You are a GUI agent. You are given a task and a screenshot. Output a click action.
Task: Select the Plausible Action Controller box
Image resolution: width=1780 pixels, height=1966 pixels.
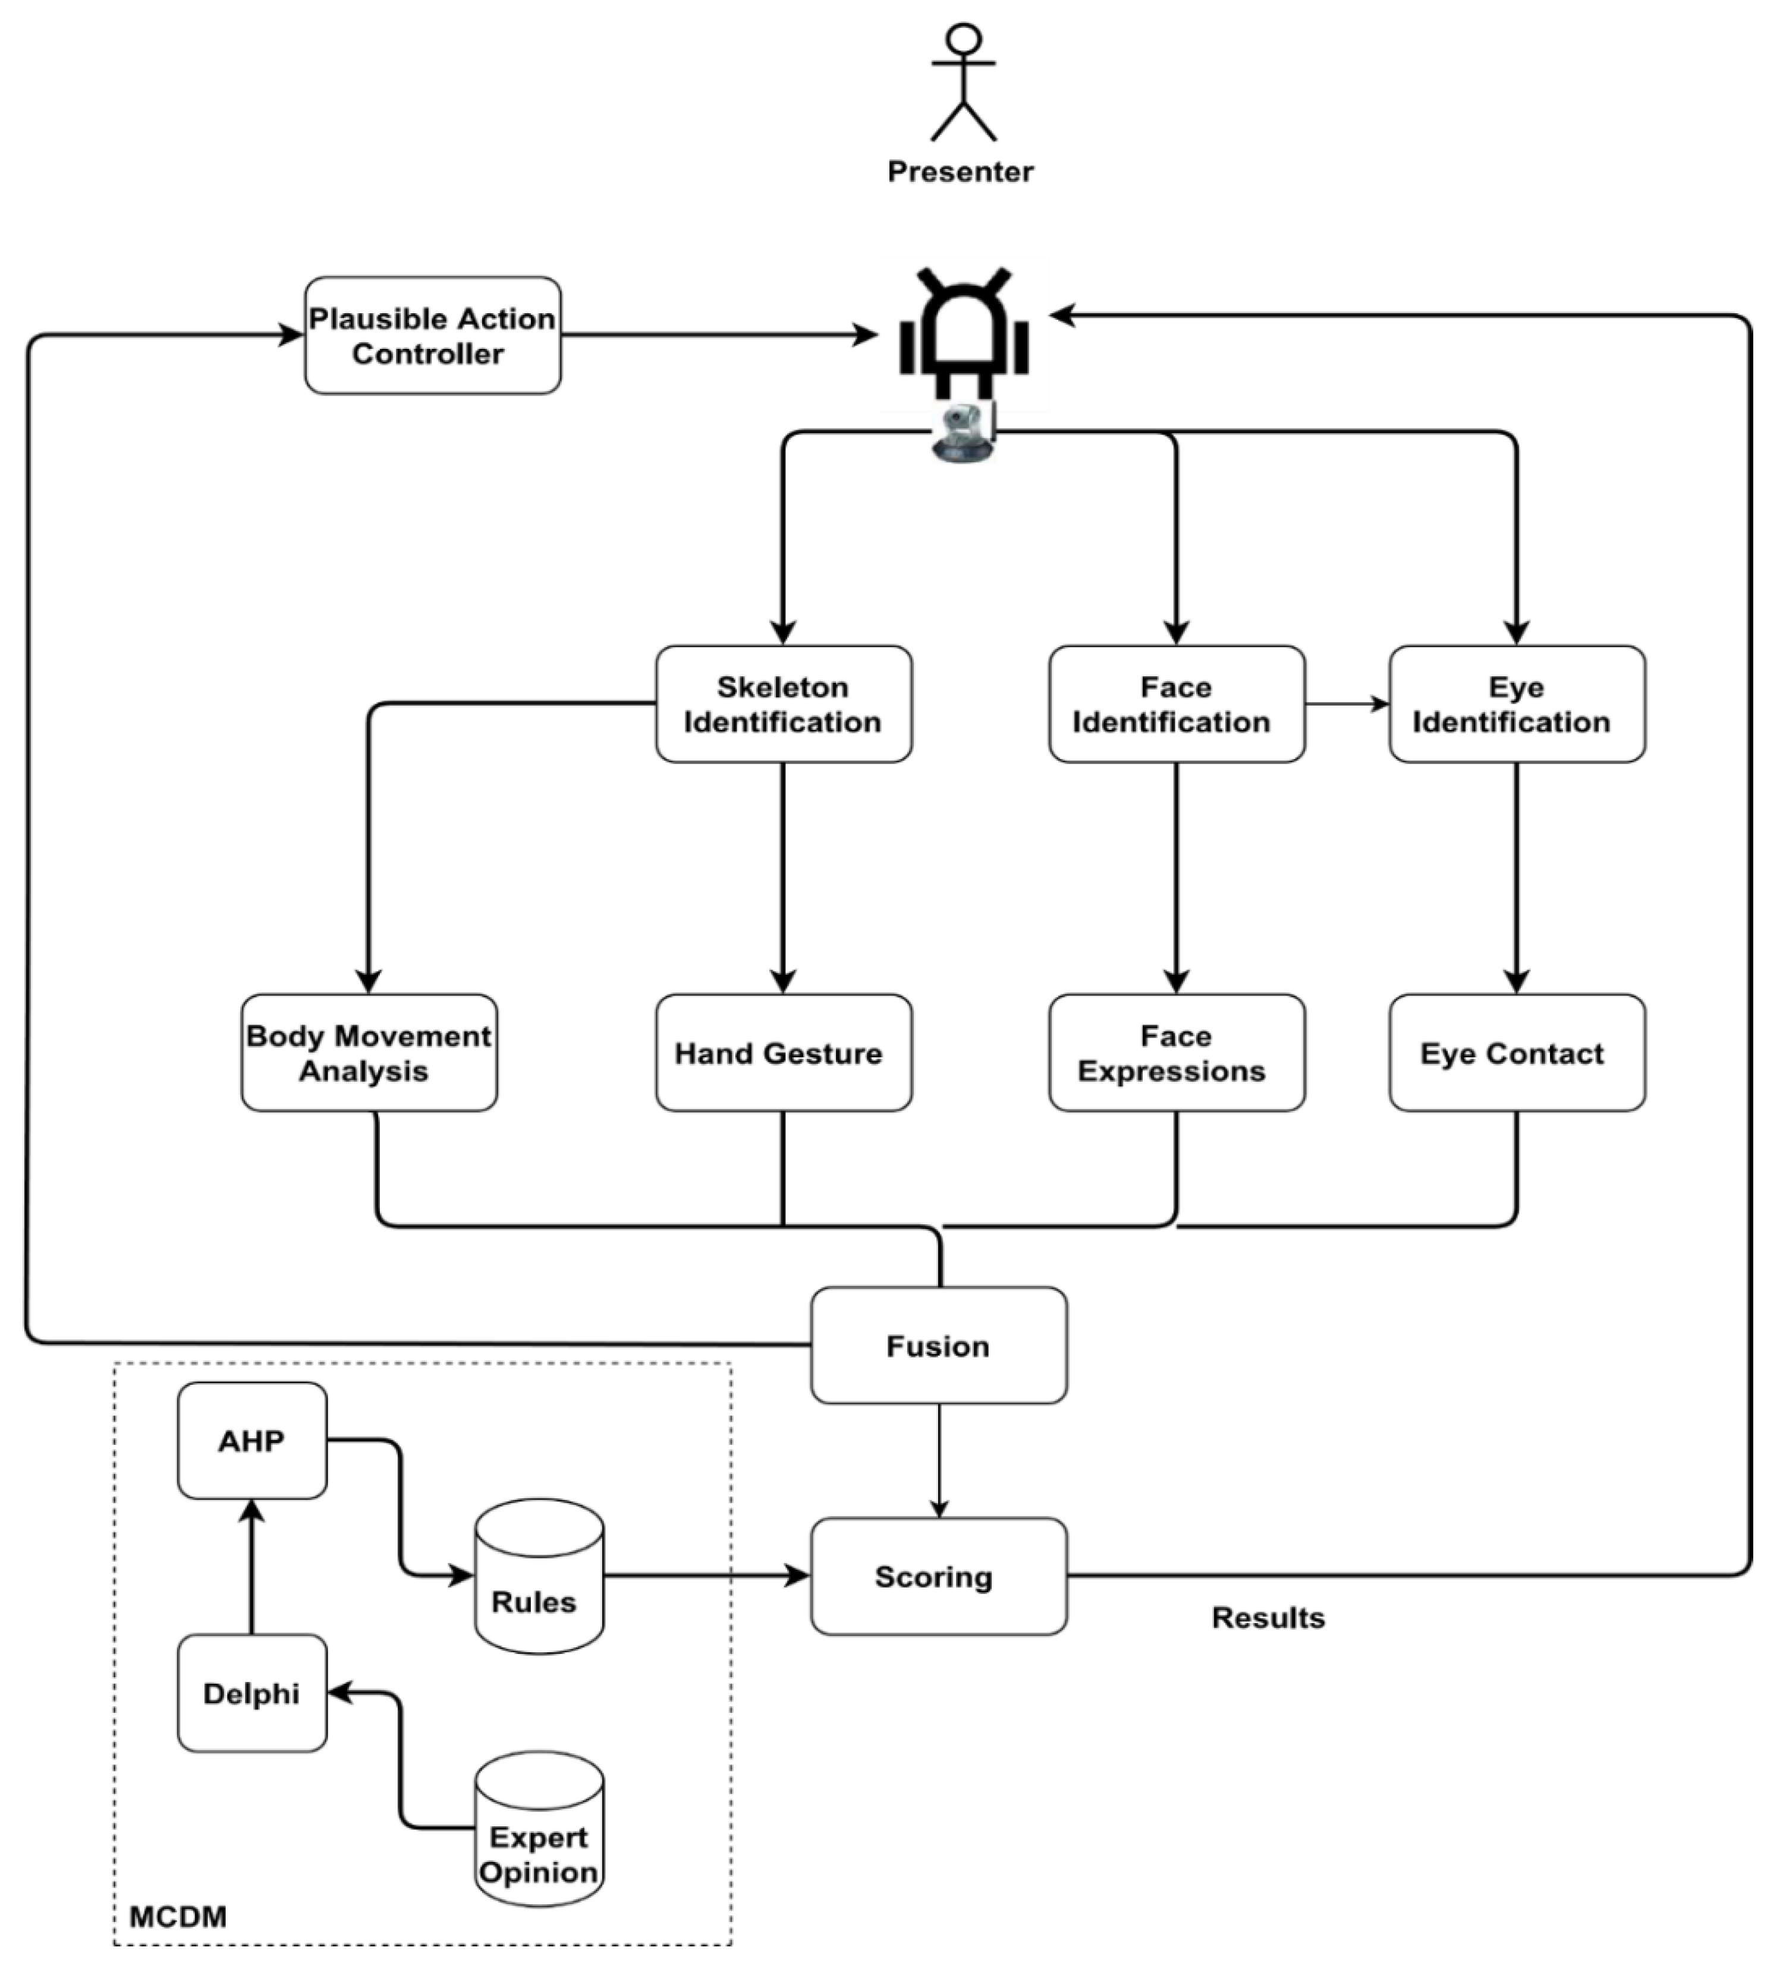[432, 335]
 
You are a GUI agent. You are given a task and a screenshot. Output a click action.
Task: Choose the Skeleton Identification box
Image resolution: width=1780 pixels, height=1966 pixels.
[783, 704]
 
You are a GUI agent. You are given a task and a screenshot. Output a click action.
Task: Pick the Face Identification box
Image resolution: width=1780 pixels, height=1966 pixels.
[1177, 704]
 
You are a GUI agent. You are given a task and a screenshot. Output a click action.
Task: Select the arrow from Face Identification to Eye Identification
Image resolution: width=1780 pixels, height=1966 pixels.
[1347, 703]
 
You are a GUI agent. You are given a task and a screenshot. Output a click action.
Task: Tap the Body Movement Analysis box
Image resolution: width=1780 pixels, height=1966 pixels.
[369, 1053]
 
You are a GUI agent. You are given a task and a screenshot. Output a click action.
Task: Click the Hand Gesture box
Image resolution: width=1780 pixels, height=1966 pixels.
[783, 1053]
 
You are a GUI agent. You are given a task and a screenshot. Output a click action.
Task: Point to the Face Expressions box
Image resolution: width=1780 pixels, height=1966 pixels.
[1177, 1053]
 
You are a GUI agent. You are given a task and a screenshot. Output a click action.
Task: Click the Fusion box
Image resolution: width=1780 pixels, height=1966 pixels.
[938, 1346]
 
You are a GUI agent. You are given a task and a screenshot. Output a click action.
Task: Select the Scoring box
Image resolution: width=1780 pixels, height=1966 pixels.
[938, 1576]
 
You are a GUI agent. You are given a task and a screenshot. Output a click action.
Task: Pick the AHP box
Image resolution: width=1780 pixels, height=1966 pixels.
[251, 1441]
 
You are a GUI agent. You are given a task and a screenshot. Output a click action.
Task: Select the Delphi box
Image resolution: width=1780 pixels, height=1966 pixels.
[251, 1693]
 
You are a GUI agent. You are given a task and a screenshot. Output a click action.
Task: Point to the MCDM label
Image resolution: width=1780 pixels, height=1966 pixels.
[178, 1916]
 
